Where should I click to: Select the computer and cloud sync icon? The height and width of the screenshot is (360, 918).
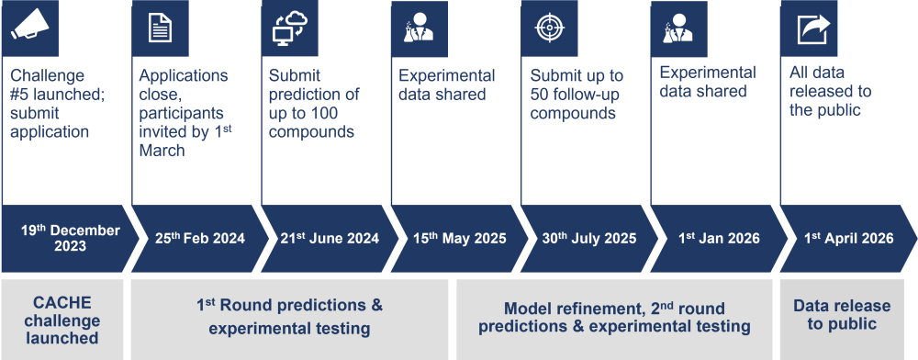click(x=290, y=28)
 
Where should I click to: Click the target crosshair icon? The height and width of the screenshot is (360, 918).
click(x=549, y=28)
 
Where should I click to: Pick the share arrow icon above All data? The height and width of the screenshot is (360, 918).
click(x=813, y=29)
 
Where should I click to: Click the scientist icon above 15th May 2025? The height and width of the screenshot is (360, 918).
click(x=420, y=29)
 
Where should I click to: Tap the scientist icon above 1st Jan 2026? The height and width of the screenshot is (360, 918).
click(x=678, y=28)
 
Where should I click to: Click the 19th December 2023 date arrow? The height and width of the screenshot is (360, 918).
click(x=71, y=238)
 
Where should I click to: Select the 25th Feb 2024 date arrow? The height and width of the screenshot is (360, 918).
click(x=200, y=238)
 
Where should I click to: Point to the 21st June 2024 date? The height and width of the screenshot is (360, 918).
click(x=330, y=238)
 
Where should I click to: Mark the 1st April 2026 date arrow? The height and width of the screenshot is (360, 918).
click(x=848, y=238)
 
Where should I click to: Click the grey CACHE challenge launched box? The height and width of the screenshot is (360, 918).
click(x=62, y=320)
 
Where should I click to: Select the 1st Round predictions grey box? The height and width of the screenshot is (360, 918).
click(x=290, y=320)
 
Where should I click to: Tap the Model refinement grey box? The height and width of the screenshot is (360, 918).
click(x=614, y=320)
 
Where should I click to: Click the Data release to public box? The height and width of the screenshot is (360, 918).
click(x=842, y=320)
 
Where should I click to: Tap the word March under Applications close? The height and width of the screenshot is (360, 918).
click(x=162, y=151)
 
